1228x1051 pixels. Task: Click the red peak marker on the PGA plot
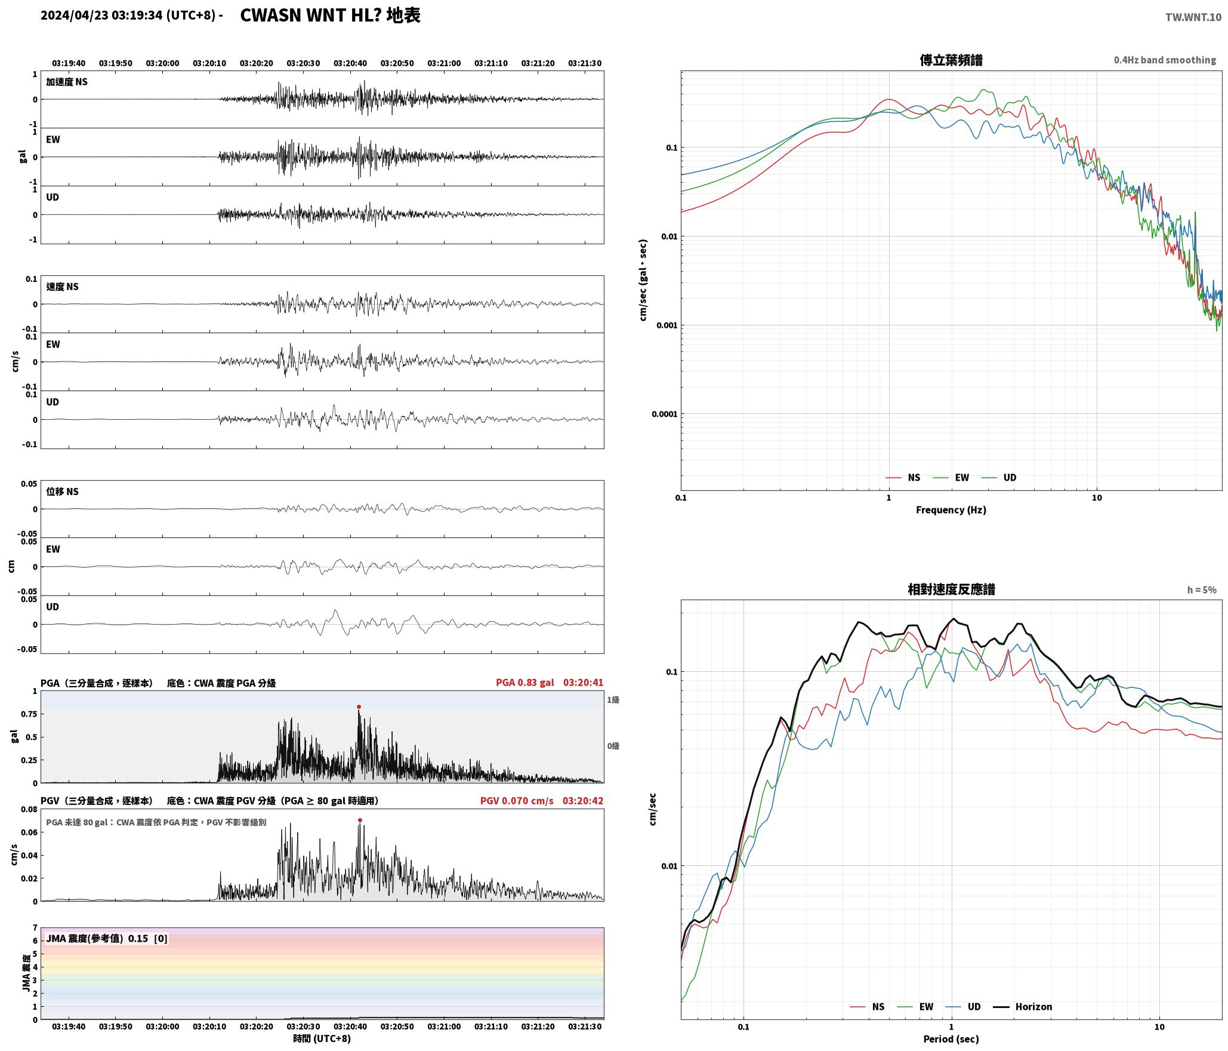tap(359, 707)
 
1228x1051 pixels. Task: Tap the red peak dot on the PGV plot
tap(360, 820)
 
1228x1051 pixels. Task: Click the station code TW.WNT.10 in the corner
tap(1193, 17)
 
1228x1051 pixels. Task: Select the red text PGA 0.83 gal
tap(524, 683)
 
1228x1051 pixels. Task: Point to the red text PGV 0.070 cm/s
tap(517, 801)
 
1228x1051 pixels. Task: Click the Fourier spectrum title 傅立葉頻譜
tap(951, 60)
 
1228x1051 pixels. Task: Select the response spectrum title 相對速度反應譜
tap(951, 589)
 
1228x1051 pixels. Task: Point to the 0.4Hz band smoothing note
tap(1165, 60)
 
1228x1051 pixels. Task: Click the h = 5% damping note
tap(1202, 590)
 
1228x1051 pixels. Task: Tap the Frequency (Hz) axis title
tap(951, 510)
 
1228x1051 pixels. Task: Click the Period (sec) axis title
tap(951, 1039)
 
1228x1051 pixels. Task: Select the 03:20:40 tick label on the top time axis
tap(350, 63)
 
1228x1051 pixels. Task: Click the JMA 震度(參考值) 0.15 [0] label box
tap(107, 939)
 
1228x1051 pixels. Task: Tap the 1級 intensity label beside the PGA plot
tap(613, 700)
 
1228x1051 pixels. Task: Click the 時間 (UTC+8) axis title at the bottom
tap(322, 1038)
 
